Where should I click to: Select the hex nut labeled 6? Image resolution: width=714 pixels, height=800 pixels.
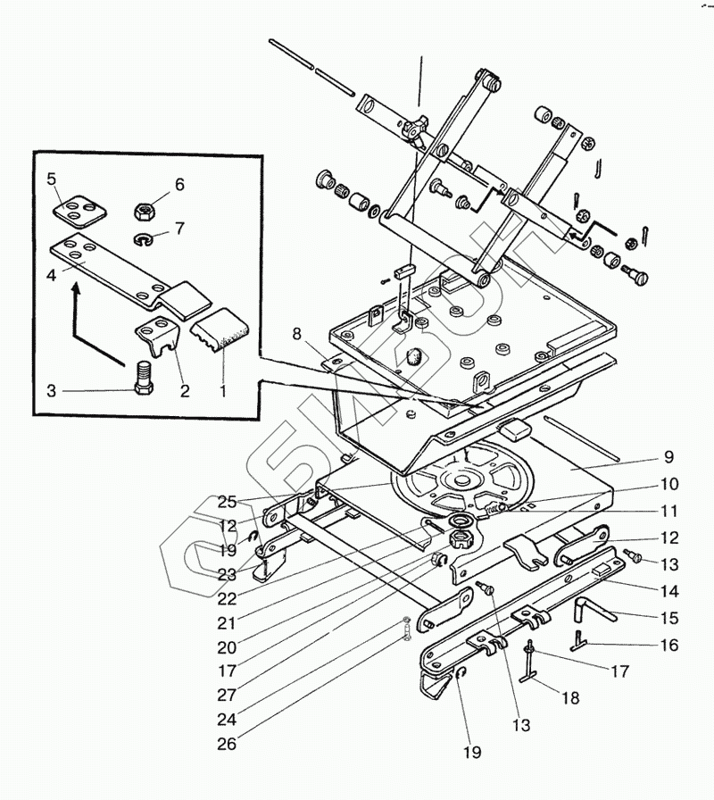(145, 210)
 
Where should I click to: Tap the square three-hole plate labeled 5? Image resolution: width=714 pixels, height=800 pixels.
(80, 210)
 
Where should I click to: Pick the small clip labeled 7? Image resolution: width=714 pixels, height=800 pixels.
(142, 238)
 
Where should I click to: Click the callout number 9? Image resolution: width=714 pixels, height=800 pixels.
(668, 457)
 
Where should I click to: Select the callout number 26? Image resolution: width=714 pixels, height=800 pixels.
(227, 744)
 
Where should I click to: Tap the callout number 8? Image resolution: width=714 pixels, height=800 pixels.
(296, 334)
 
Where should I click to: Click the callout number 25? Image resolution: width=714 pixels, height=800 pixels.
(227, 502)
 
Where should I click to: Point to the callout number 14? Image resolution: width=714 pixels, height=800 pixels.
(669, 591)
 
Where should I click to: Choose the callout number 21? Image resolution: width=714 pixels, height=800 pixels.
(227, 623)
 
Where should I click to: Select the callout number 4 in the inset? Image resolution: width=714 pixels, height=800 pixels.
(51, 276)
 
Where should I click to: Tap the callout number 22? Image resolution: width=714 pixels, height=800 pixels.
(227, 598)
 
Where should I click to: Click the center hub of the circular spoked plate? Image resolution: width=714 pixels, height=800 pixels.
(462, 481)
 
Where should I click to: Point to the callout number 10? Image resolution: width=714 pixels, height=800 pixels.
(669, 484)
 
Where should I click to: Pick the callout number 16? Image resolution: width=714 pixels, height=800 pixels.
(669, 645)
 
